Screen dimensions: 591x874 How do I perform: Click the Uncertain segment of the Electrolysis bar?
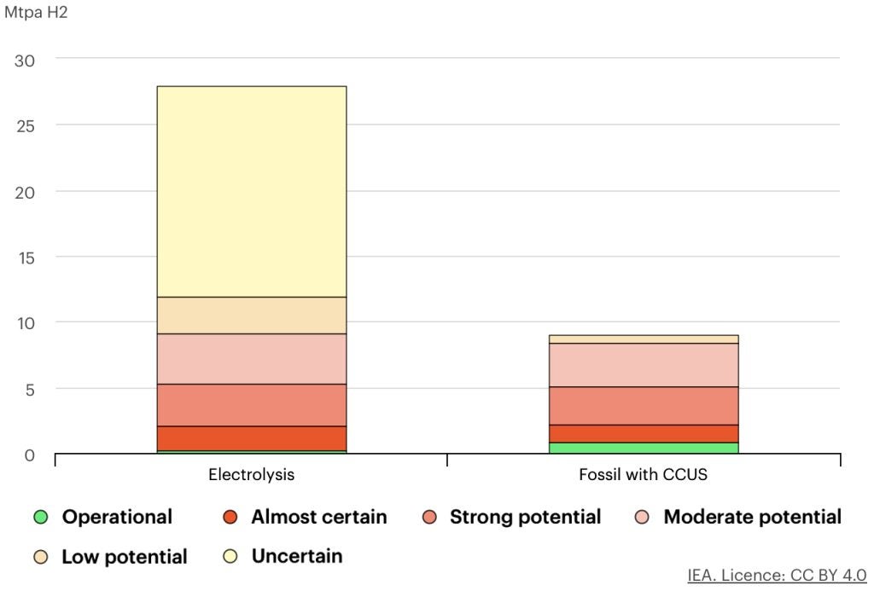(251, 191)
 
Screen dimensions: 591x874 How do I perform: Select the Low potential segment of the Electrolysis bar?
(251, 315)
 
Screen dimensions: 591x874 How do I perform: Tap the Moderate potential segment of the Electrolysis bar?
(251, 358)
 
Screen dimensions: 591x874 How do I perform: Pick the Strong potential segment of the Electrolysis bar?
(251, 404)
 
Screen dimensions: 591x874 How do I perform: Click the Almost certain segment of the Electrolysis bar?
(251, 437)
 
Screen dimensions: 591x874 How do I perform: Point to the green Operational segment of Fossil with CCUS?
(643, 448)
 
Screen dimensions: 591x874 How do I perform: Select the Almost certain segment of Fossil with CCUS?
(643, 433)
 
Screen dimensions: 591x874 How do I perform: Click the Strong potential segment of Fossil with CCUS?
(643, 405)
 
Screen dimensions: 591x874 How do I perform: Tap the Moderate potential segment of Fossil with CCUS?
(643, 365)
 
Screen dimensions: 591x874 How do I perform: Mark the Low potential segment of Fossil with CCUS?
(643, 339)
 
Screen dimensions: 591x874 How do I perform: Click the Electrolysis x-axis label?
(251, 475)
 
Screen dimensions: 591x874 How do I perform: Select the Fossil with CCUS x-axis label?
(643, 475)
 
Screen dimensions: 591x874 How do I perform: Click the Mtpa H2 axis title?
(36, 14)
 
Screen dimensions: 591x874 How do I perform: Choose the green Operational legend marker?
(40, 517)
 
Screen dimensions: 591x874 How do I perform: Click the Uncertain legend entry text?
(296, 556)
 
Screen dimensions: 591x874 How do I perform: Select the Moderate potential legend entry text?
(752, 517)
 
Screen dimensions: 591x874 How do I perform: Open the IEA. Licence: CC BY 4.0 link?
(776, 575)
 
